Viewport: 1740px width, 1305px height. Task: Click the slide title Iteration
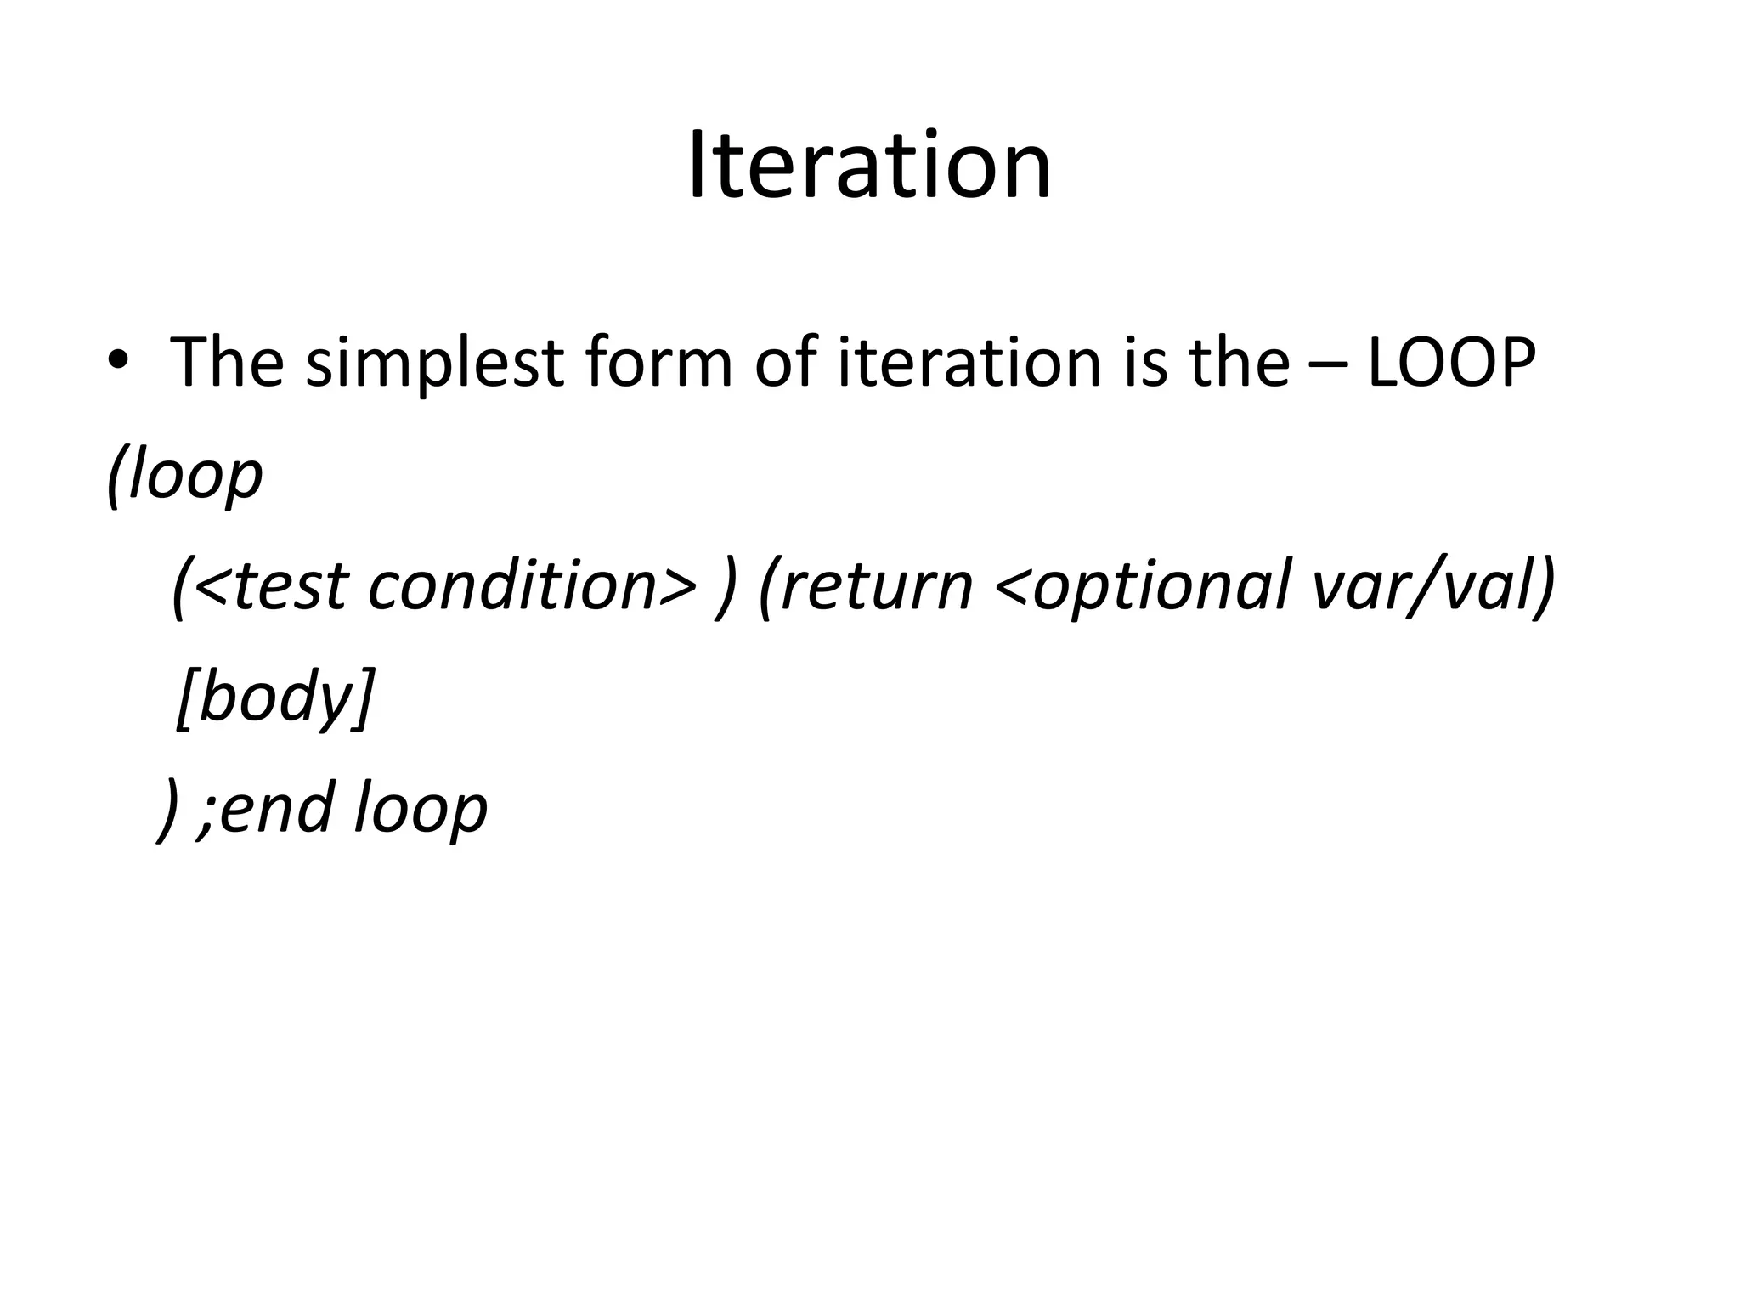coord(869,166)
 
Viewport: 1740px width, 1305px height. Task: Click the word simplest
coord(434,364)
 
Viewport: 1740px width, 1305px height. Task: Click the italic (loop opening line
coord(185,476)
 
